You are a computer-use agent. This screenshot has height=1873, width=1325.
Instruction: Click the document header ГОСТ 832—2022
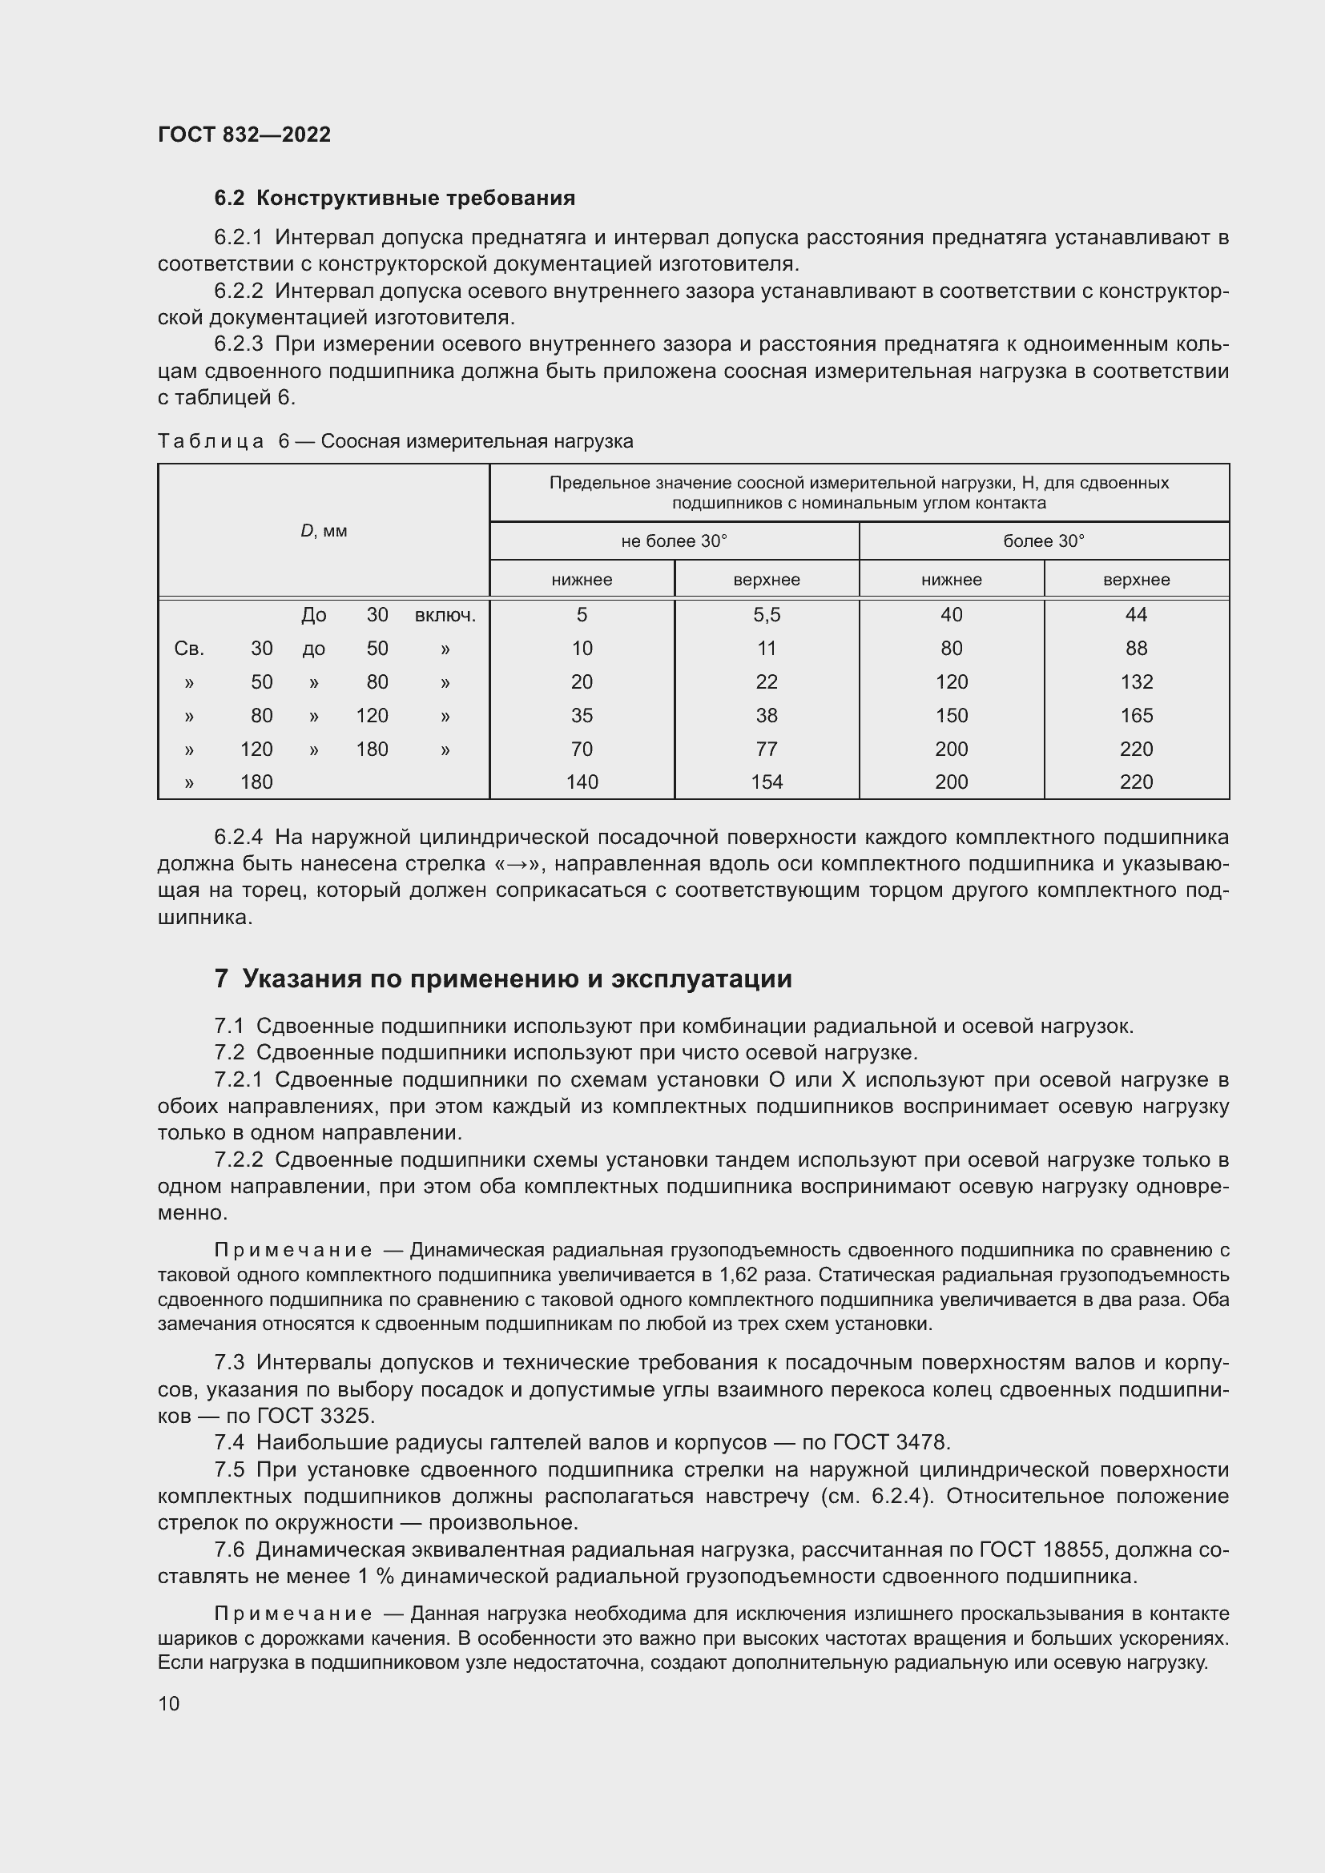click(x=244, y=135)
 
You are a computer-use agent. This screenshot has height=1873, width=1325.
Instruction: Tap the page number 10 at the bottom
click(x=169, y=1703)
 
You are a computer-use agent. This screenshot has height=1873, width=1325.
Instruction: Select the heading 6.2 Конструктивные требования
click(x=394, y=199)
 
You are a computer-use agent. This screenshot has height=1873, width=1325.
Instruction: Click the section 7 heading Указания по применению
click(x=502, y=978)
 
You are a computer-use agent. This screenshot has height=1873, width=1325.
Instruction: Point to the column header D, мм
click(x=324, y=531)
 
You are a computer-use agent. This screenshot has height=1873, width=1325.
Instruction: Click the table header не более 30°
click(x=674, y=541)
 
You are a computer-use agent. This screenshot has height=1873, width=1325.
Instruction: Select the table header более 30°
click(x=1044, y=541)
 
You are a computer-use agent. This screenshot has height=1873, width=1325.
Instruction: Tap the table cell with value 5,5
click(x=766, y=614)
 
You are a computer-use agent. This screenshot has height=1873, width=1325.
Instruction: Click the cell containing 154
click(x=766, y=782)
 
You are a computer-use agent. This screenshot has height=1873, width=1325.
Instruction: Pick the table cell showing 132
click(x=1136, y=681)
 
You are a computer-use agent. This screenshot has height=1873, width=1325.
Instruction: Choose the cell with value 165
click(x=1136, y=715)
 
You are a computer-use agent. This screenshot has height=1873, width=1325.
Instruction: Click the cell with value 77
click(x=766, y=749)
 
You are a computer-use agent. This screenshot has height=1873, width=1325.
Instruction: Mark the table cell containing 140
click(x=582, y=782)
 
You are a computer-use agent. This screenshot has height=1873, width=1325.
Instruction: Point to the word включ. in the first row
click(x=445, y=614)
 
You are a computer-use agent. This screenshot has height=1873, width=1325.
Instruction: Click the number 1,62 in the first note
click(x=740, y=1275)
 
